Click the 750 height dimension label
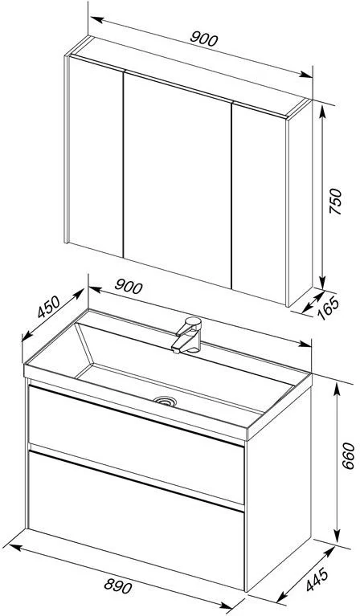335,201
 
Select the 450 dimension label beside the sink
49,307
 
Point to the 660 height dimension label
348,455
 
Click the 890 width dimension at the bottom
118,586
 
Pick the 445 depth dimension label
317,579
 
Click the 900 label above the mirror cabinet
203,39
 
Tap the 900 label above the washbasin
129,287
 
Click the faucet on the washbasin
187,335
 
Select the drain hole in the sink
165,400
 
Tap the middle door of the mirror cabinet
178,180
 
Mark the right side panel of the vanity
278,487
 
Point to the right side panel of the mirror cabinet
301,202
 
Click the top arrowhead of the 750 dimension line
322,112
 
